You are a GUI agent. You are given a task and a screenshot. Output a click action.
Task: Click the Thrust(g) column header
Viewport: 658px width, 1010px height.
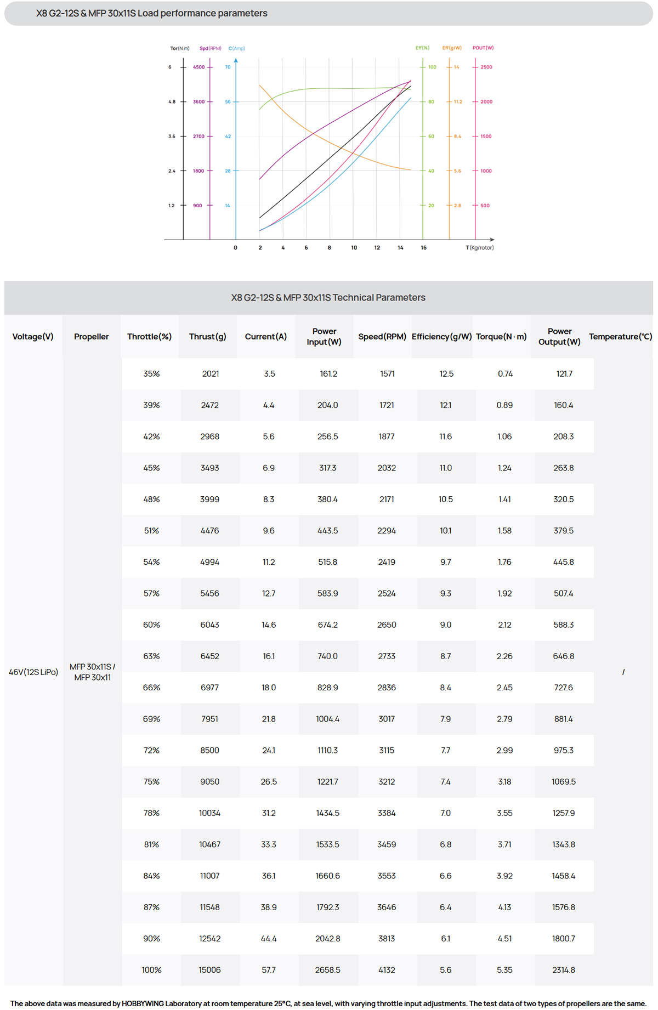coord(207,337)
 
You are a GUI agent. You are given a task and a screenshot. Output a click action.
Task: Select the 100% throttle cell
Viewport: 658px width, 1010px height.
coord(152,970)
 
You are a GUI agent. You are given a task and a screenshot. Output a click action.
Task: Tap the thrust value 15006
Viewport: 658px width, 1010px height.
coord(209,970)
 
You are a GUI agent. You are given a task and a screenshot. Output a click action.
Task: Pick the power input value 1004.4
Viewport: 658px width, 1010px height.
coord(327,719)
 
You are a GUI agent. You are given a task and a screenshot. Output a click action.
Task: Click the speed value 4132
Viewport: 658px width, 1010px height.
coord(387,970)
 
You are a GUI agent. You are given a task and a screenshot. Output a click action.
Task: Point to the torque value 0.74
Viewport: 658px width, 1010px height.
coord(505,374)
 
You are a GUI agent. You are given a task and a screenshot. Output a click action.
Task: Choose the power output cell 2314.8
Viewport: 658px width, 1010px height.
coord(564,970)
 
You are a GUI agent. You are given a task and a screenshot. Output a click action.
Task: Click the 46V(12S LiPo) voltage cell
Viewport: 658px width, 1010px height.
coord(33,672)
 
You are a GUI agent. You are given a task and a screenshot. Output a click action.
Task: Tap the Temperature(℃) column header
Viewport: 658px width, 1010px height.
coord(620,337)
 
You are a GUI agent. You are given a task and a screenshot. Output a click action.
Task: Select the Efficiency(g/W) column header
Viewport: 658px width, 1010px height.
coord(441,337)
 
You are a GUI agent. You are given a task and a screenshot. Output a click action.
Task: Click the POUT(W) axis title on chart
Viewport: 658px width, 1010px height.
coord(483,48)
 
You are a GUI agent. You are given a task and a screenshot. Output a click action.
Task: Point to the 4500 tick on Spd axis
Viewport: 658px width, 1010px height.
coord(198,67)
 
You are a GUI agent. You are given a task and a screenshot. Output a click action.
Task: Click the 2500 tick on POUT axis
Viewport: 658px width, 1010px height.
coord(486,67)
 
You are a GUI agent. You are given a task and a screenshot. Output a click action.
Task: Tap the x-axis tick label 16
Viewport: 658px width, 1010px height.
coord(423,248)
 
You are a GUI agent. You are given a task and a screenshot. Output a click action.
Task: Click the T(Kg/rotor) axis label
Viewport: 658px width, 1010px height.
coord(480,248)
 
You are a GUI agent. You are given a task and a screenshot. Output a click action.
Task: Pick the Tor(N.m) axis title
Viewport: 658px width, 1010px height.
coord(179,48)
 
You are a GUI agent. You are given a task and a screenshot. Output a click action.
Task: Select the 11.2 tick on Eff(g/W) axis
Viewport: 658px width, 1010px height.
coord(458,102)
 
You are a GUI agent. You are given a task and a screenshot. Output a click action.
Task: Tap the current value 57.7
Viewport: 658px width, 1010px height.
coord(269,970)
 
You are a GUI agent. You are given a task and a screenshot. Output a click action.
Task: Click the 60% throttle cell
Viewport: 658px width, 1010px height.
coord(152,625)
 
